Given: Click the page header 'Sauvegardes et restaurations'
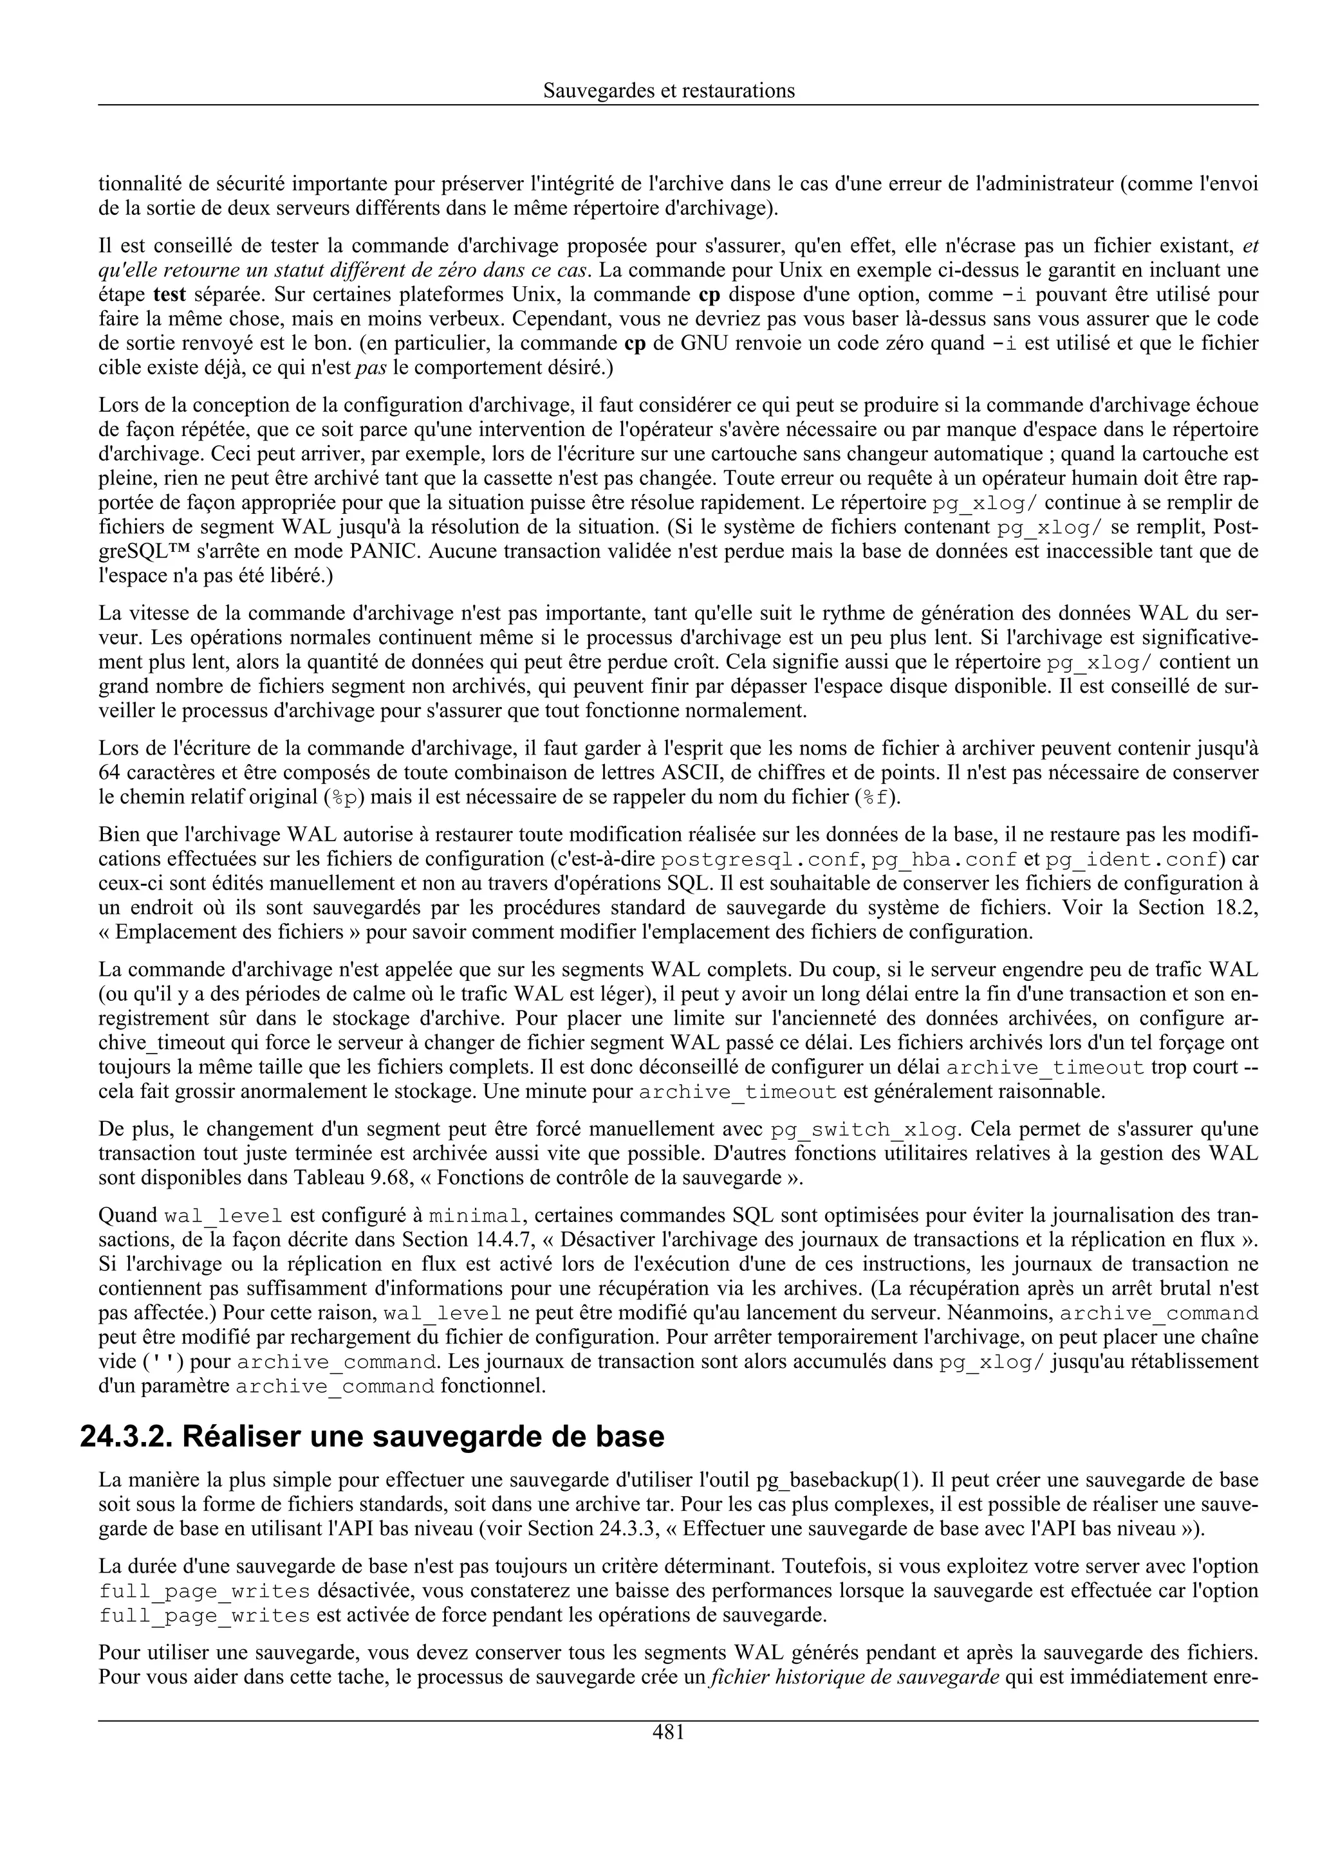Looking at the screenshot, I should [669, 91].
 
